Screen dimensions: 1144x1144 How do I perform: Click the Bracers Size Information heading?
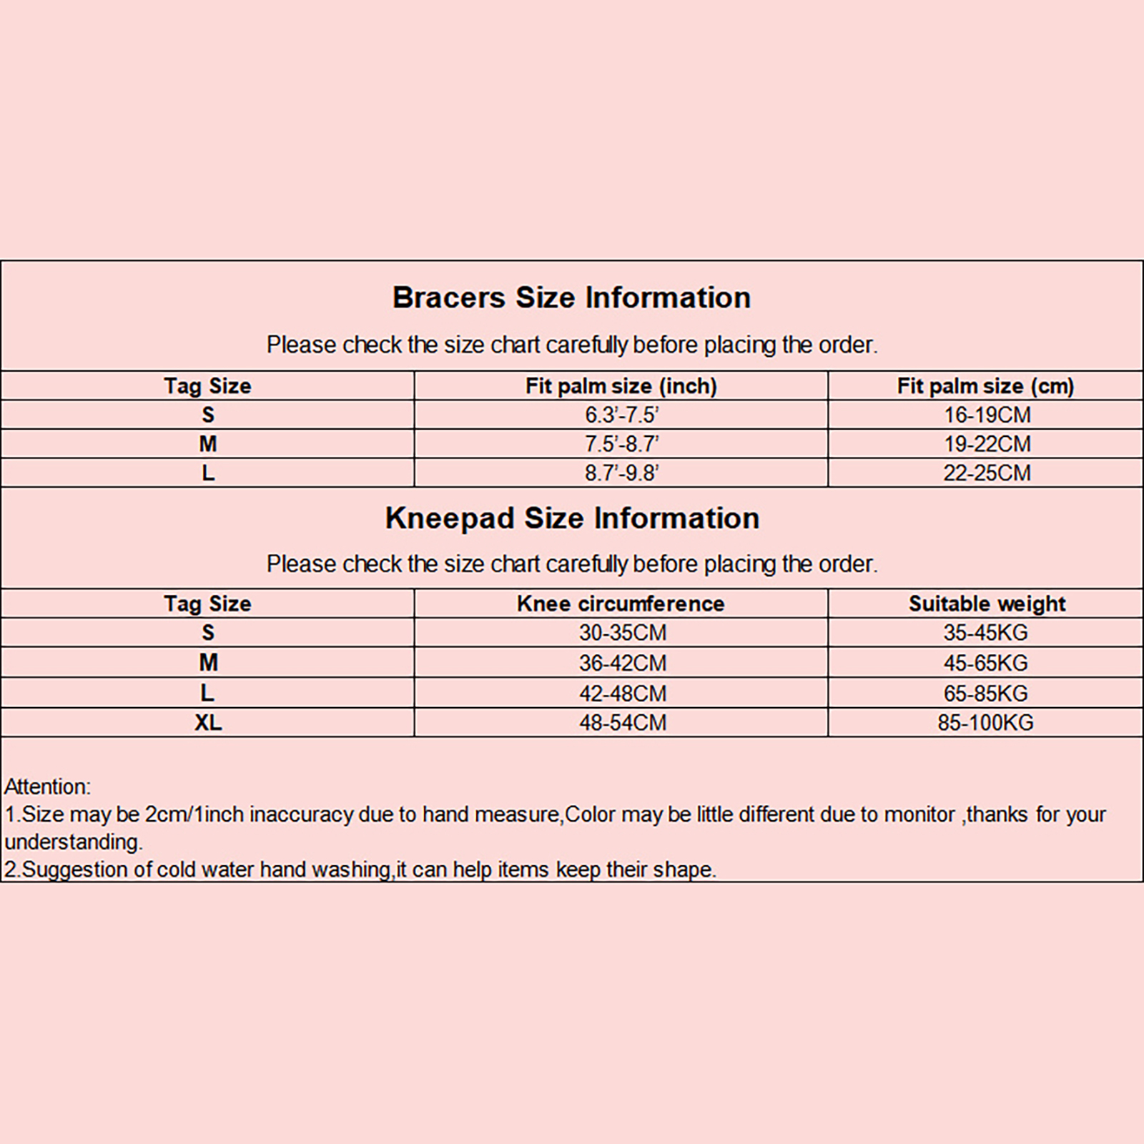click(x=571, y=297)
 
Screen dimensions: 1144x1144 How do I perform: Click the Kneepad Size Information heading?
click(x=572, y=518)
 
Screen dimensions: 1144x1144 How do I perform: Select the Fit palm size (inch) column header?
click(x=621, y=386)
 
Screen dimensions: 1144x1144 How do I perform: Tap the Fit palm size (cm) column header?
click(x=985, y=386)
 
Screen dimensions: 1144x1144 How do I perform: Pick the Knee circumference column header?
click(x=621, y=604)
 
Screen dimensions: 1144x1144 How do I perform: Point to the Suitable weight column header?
click(x=987, y=604)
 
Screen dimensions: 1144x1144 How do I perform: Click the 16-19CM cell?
click(x=987, y=415)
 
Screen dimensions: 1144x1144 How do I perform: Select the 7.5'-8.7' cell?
click(x=621, y=444)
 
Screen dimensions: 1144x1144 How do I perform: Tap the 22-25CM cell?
click(x=987, y=473)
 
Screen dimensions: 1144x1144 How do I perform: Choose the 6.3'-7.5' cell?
click(x=621, y=415)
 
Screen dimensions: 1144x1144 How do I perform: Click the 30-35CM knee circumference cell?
click(x=622, y=633)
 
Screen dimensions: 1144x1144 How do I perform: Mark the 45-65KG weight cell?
click(x=985, y=663)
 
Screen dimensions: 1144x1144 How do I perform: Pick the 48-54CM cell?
click(x=622, y=723)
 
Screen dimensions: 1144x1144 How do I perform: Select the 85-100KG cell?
click(x=985, y=723)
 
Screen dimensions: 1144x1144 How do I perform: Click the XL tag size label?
click(x=208, y=723)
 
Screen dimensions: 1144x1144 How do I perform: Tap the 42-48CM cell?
click(x=622, y=694)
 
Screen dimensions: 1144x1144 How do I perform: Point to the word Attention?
click(x=47, y=787)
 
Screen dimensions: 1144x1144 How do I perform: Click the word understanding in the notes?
click(x=73, y=842)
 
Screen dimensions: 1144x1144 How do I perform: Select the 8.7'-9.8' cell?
click(x=621, y=473)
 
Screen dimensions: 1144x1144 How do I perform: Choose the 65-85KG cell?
click(x=985, y=694)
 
